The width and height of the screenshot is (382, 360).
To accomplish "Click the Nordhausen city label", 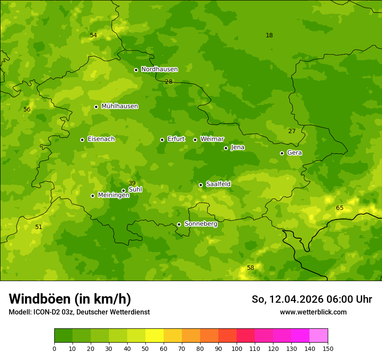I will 159,69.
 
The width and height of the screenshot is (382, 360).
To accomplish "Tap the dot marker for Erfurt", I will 162,140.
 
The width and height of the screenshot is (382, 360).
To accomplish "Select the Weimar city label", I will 212,139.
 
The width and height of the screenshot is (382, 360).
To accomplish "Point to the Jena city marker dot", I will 226,148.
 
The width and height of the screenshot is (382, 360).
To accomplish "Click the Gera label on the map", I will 294,153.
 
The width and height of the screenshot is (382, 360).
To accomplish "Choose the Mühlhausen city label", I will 119,106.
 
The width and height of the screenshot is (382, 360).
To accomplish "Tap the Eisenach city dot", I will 82,140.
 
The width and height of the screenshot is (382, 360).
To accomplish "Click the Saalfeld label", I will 218,184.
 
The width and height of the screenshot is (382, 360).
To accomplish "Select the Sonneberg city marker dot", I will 179,224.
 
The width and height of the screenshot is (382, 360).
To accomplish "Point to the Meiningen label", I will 113,195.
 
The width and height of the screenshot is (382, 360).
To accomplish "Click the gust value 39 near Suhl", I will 132,183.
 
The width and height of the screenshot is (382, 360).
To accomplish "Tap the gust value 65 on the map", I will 339,208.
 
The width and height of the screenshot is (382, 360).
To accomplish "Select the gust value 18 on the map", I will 269,35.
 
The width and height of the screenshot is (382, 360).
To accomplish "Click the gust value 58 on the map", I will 250,268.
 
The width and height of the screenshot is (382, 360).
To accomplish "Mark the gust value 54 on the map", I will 93,35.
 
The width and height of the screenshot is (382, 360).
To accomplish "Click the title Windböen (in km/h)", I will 70,299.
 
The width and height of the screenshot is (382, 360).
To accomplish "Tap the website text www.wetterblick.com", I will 313,312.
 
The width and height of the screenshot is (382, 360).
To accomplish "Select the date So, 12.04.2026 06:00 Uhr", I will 312,299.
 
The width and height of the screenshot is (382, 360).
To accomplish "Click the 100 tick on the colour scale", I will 237,348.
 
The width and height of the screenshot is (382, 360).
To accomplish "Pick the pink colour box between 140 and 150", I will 319,336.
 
